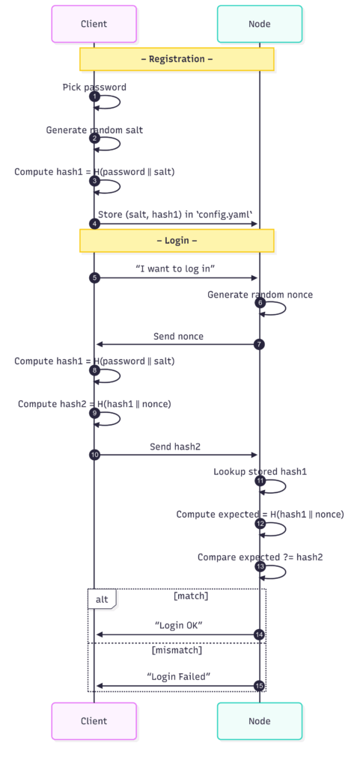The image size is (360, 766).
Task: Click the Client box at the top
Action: pyautogui.click(x=94, y=24)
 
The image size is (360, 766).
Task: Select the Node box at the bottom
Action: pyautogui.click(x=260, y=721)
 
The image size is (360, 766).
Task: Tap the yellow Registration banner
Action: pyautogui.click(x=177, y=59)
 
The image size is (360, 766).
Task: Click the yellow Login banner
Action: pyautogui.click(x=177, y=241)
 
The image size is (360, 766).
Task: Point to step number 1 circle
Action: pyautogui.click(x=94, y=96)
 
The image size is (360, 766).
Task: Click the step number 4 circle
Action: pyautogui.click(x=94, y=224)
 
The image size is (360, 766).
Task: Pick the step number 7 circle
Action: pyautogui.click(x=260, y=344)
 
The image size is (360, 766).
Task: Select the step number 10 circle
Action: pyautogui.click(x=94, y=455)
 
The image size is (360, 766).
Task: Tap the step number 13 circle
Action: pyautogui.click(x=260, y=567)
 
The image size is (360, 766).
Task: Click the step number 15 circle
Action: pyautogui.click(x=260, y=686)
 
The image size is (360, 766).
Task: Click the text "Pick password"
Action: pyautogui.click(x=94, y=87)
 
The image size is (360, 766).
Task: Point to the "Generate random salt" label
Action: pyautogui.click(x=94, y=130)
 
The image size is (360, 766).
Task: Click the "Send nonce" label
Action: pyautogui.click(x=178, y=336)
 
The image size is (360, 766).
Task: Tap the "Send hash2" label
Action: pyautogui.click(x=175, y=447)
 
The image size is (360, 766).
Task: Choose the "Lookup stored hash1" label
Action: pyautogui.click(x=260, y=472)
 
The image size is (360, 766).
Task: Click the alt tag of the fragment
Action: pyautogui.click(x=102, y=598)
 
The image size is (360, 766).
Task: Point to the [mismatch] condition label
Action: pyautogui.click(x=177, y=650)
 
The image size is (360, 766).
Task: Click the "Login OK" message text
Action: pyautogui.click(x=178, y=626)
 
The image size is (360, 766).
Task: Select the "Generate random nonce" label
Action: pyautogui.click(x=260, y=295)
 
